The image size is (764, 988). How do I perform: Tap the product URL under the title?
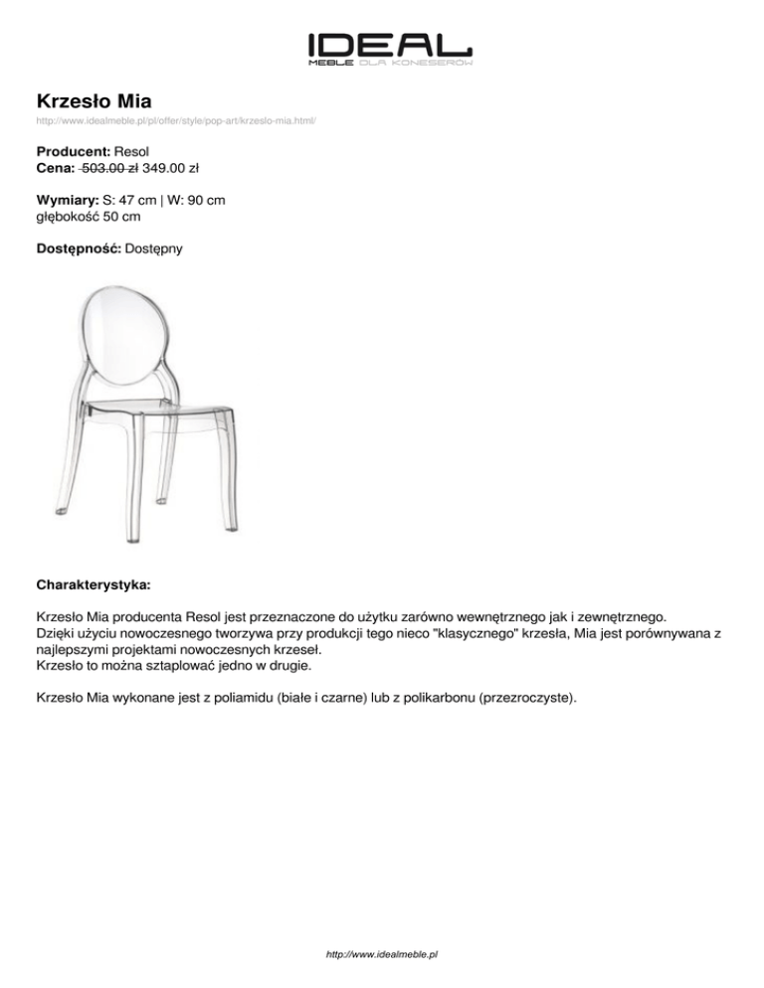click(x=176, y=121)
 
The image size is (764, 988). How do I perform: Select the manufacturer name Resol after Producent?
click(x=132, y=152)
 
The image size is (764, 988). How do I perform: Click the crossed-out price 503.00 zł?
click(x=109, y=168)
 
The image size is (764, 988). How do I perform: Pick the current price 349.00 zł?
click(x=177, y=168)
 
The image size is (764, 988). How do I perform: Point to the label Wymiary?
click(x=67, y=200)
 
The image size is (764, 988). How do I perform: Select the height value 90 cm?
click(x=204, y=200)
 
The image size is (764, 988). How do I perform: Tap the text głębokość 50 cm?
click(x=88, y=216)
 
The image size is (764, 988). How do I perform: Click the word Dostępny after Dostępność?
click(x=153, y=247)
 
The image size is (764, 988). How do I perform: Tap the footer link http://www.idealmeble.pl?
click(x=382, y=953)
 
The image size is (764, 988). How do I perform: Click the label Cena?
click(x=56, y=168)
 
